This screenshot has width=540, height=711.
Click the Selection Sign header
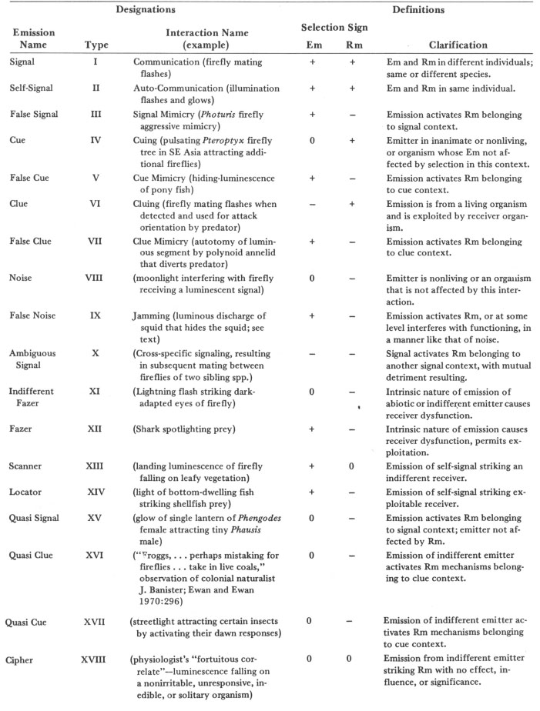334,28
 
